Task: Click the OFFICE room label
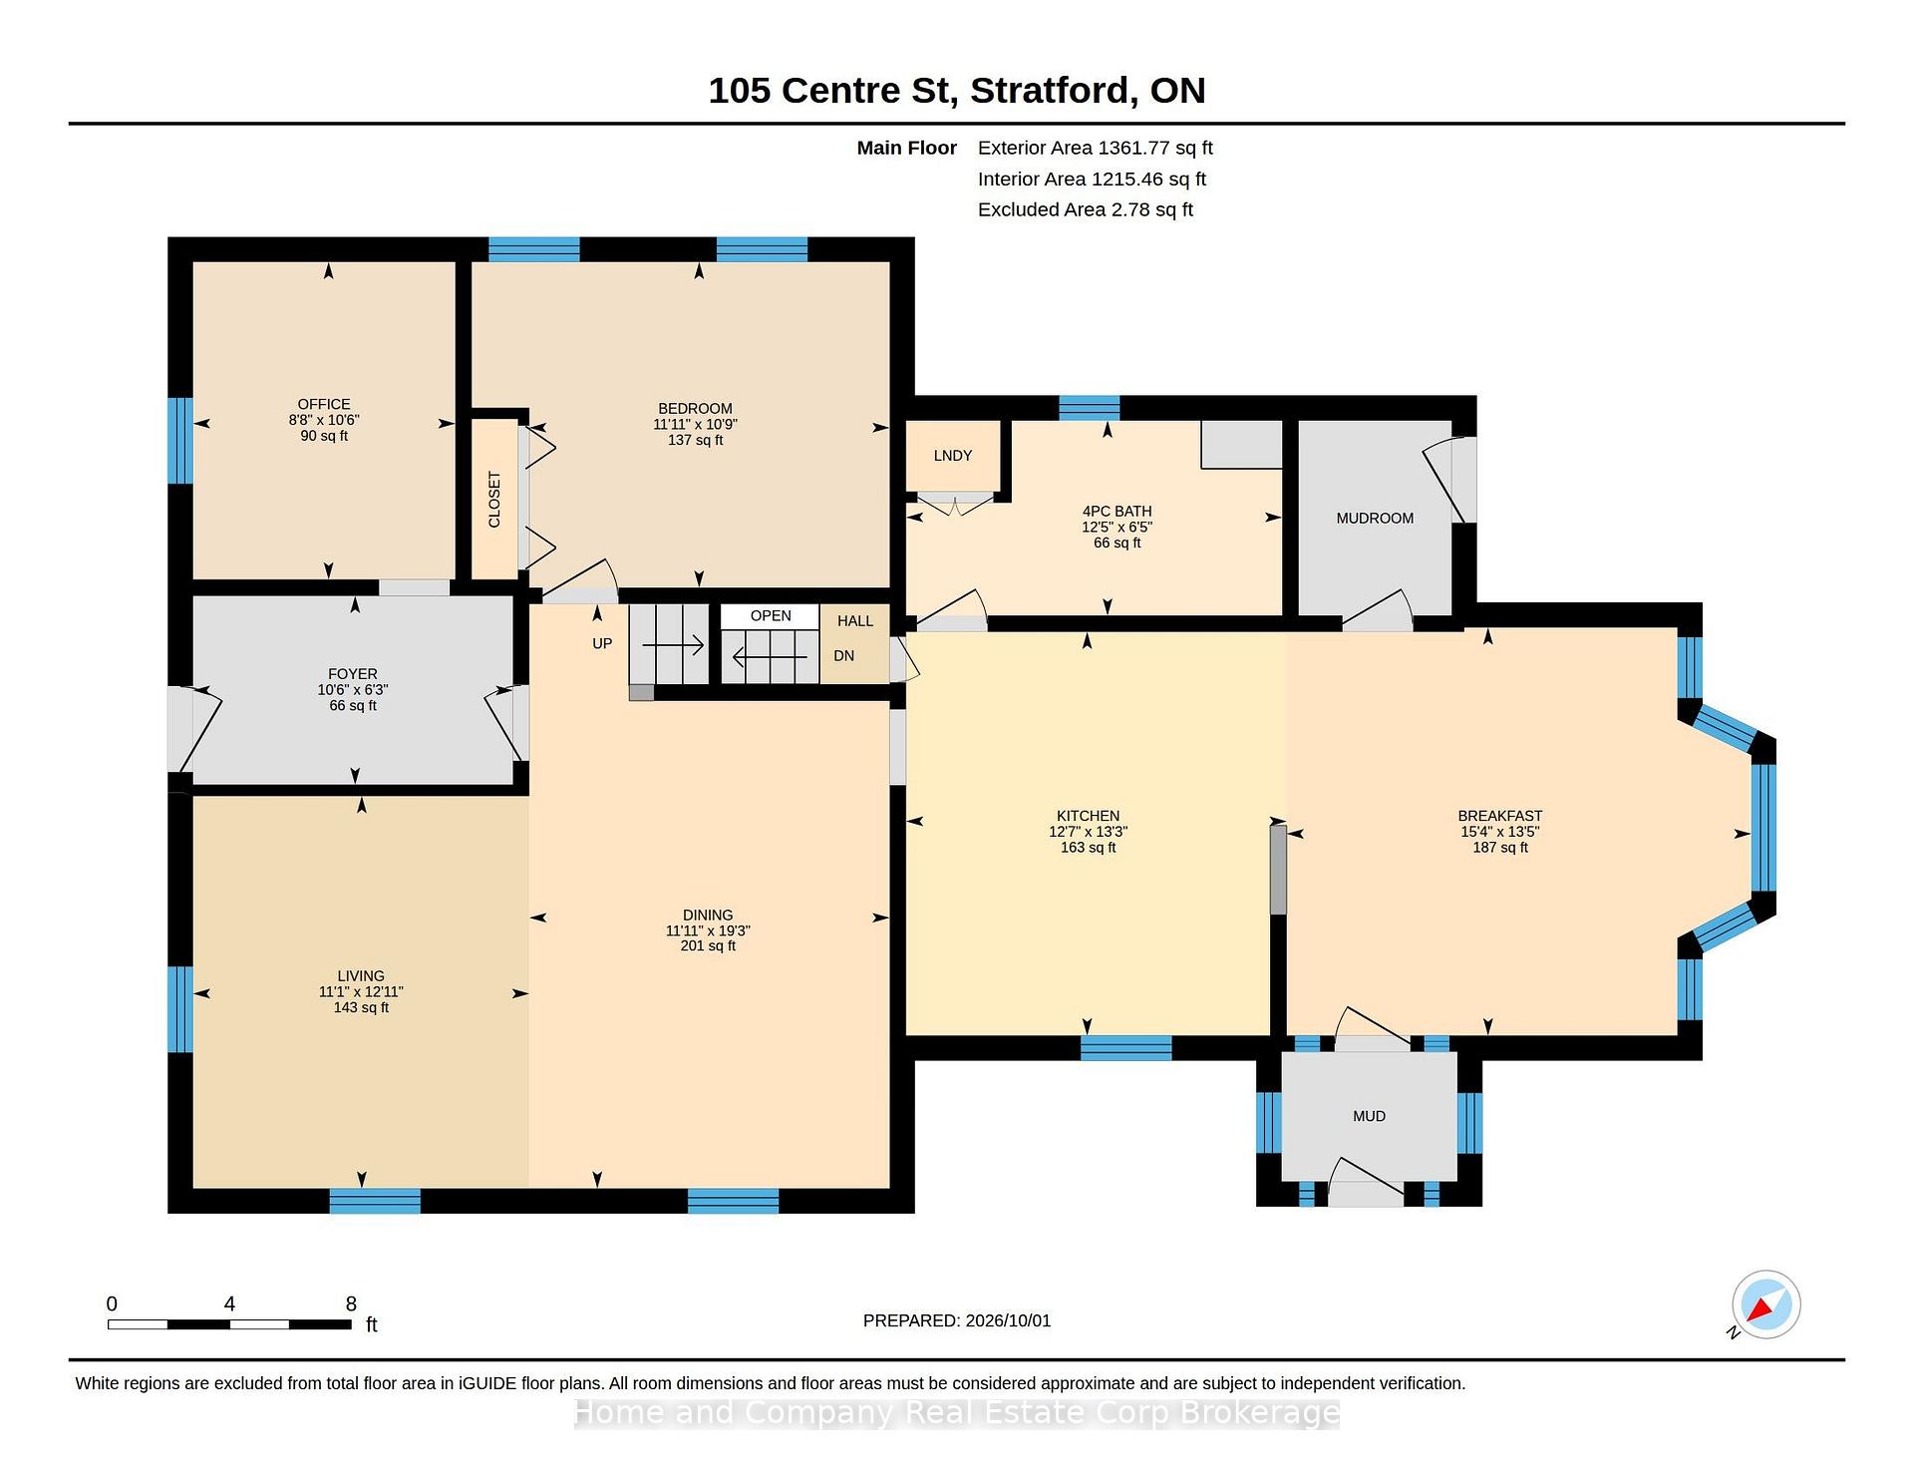[324, 404]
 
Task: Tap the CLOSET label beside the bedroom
[494, 500]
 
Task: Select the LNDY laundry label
[953, 456]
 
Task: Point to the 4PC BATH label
[1117, 512]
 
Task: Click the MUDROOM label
[1375, 519]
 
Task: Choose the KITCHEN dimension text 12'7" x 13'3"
[1089, 832]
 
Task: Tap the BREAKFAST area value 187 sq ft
[1500, 848]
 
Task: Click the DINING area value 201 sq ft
[708, 945]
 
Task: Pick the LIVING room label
[361, 976]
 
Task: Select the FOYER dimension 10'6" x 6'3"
[353, 690]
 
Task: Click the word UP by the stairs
[602, 643]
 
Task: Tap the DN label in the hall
[844, 655]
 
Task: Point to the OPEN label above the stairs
[771, 615]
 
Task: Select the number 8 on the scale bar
[351, 1303]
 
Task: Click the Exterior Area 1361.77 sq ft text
[1096, 148]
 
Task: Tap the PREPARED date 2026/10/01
[1008, 1320]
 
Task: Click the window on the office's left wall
[180, 441]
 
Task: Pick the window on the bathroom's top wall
[1089, 408]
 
